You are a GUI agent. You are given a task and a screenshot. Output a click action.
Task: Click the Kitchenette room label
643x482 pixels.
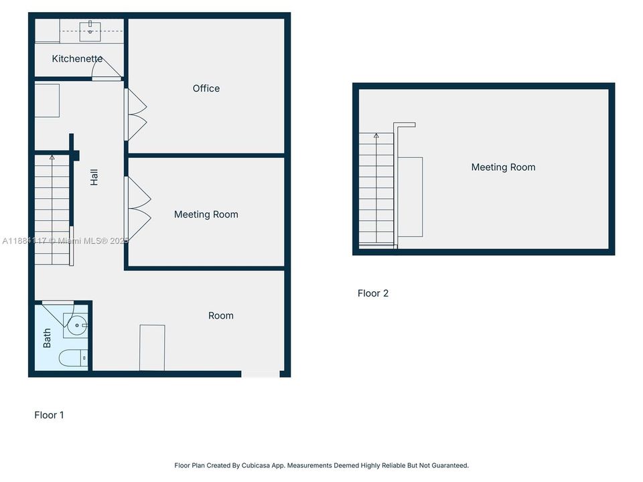pos(77,59)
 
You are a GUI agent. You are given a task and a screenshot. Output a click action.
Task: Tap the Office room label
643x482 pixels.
pos(206,88)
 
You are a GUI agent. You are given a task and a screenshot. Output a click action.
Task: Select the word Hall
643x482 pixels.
pos(94,177)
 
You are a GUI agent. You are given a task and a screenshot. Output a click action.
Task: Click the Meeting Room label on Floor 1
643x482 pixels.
pos(206,215)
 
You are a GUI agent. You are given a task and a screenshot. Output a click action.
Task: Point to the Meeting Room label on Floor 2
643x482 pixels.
pos(503,167)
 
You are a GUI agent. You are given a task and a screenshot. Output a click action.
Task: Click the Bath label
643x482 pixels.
pos(47,338)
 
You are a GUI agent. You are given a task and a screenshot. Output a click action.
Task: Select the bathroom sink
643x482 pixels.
pos(77,326)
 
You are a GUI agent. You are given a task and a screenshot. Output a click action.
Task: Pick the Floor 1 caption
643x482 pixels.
pos(49,415)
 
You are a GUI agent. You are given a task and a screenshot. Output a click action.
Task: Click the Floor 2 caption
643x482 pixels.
pos(372,293)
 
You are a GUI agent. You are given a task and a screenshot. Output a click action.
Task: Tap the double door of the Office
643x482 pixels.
pos(137,114)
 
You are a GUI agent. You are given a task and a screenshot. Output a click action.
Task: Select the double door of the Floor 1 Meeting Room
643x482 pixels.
pos(139,208)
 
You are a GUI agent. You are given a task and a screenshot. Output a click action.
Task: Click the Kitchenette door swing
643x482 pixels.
pos(107,67)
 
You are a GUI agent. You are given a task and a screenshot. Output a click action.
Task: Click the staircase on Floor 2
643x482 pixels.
pos(376,191)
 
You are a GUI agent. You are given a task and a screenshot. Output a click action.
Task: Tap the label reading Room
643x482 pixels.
pos(220,316)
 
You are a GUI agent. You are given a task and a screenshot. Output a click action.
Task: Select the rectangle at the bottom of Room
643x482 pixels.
pos(152,347)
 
